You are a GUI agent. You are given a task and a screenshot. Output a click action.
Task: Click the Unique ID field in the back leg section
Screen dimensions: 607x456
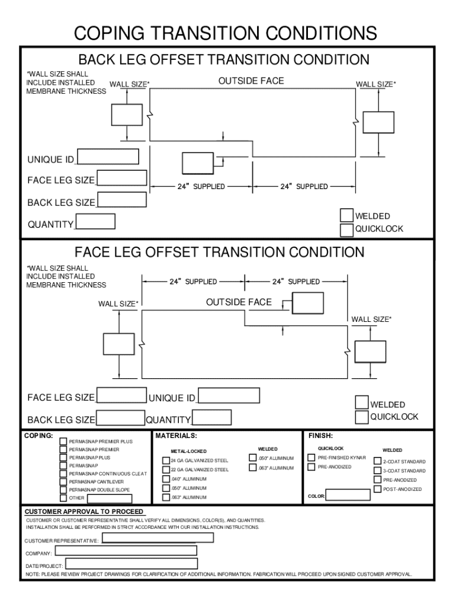[108, 156]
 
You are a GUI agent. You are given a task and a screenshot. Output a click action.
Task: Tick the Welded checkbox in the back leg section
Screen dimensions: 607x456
[347, 215]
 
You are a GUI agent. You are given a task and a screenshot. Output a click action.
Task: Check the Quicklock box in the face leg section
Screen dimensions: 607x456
[361, 417]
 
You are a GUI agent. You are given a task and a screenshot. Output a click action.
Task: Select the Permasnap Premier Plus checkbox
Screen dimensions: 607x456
[63, 442]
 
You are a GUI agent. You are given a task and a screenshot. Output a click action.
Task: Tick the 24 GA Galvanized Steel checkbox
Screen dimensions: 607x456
[166, 461]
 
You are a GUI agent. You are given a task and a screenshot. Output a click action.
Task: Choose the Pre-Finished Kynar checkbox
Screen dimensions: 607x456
[311, 458]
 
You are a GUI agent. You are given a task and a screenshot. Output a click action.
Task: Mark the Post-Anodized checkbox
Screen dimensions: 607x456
[377, 489]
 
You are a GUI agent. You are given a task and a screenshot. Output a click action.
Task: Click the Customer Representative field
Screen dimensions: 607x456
[158, 538]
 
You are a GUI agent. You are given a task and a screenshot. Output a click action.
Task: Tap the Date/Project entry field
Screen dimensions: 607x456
[131, 564]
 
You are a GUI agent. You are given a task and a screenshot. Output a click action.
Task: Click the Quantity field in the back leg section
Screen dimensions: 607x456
[95, 222]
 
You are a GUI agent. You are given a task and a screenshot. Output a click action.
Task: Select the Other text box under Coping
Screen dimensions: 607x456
[110, 498]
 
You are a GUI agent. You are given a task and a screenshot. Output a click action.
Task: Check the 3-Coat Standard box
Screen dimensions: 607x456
[377, 470]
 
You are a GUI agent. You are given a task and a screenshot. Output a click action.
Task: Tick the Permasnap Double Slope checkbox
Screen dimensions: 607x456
[63, 490]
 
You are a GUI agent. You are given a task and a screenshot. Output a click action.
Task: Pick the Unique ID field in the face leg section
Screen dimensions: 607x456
[229, 396]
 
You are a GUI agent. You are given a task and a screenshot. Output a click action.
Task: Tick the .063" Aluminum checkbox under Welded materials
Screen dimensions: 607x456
[253, 468]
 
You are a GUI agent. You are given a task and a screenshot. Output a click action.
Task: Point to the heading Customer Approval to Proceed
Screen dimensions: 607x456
[84, 512]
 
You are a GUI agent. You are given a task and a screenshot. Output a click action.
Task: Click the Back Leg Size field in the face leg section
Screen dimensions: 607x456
[121, 417]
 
